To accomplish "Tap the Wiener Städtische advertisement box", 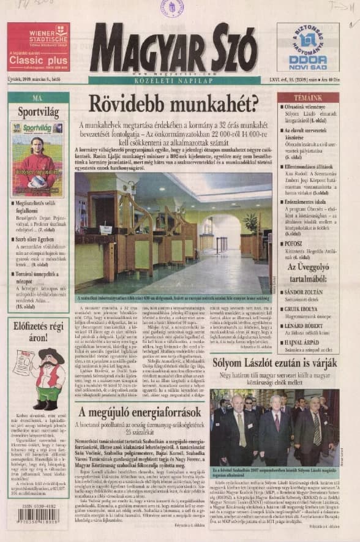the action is [38, 47].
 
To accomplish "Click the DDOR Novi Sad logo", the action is [308, 48].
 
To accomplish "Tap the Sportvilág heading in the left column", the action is [38, 112].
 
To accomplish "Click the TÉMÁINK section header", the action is [308, 98].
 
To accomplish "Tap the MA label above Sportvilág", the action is [38, 97].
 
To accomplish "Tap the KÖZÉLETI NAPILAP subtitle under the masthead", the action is [176, 80].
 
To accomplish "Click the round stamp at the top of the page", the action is [172, 9].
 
